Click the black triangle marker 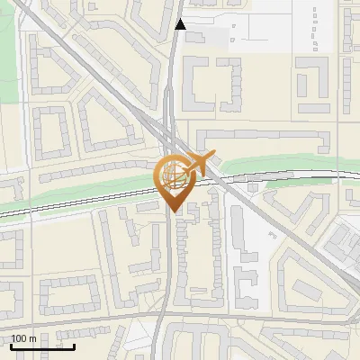pyautogui.click(x=181, y=24)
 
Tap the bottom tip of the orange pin pyautogui.click(x=172, y=211)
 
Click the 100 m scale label pyautogui.click(x=24, y=338)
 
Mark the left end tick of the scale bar pyautogui.click(x=12, y=345)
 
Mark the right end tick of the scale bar pyautogui.click(x=74, y=345)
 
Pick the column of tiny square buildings pyautogui.click(x=315, y=27)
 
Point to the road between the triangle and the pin pyautogui.click(x=169, y=90)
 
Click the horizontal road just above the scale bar pyautogui.click(x=90, y=319)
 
